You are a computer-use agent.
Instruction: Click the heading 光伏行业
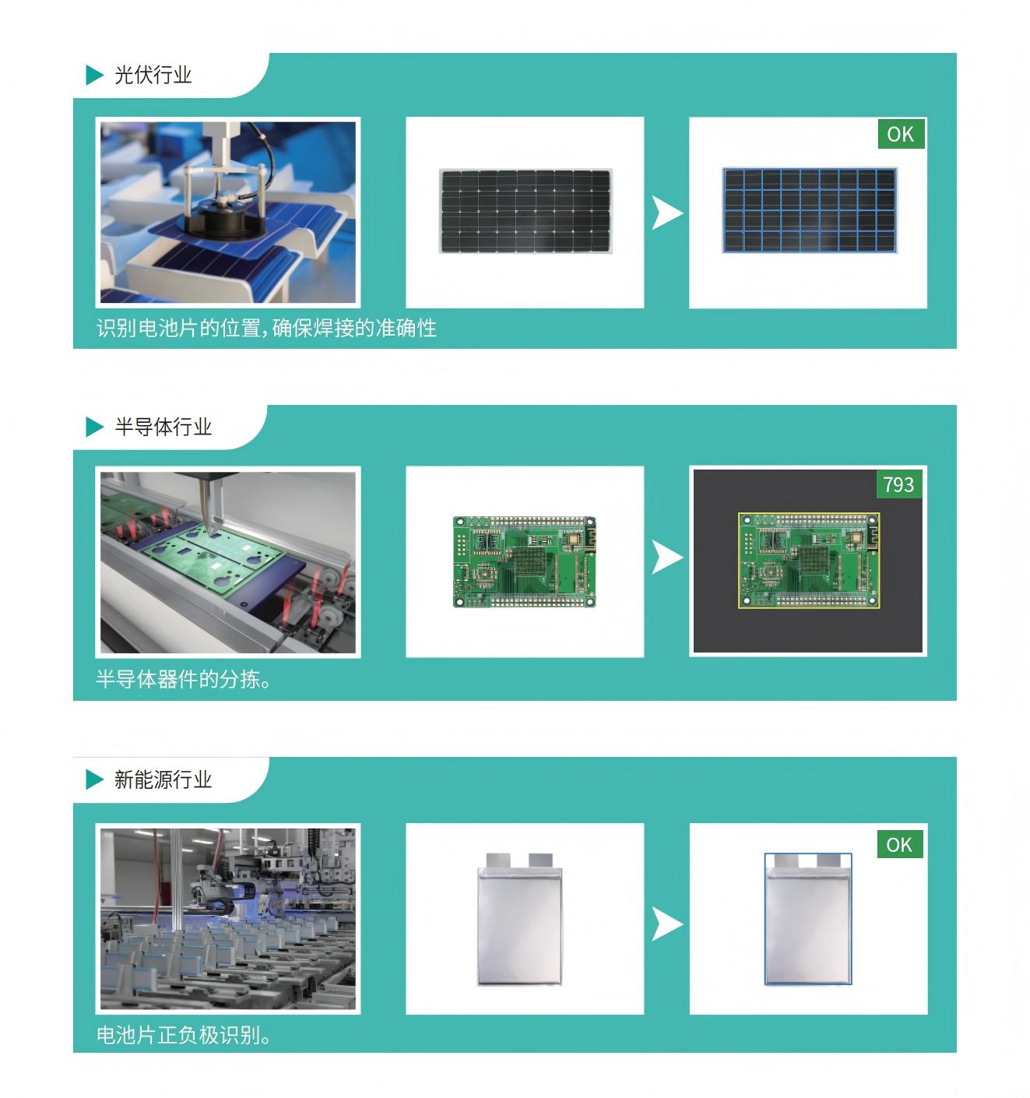pyautogui.click(x=153, y=75)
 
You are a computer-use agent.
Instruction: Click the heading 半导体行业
pyautogui.click(x=163, y=426)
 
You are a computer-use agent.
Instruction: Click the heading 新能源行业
pyautogui.click(x=163, y=779)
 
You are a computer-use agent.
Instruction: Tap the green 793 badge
pyautogui.click(x=898, y=484)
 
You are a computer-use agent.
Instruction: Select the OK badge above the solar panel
pyautogui.click(x=901, y=134)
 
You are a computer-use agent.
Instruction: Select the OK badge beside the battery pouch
pyautogui.click(x=899, y=844)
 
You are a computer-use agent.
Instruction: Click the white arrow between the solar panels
pyautogui.click(x=667, y=213)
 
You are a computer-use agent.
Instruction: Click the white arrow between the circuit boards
pyautogui.click(x=667, y=557)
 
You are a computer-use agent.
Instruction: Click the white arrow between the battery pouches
pyautogui.click(x=667, y=924)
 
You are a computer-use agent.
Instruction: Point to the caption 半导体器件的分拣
pyautogui.click(x=183, y=679)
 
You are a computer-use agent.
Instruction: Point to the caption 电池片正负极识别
pyautogui.click(x=183, y=1034)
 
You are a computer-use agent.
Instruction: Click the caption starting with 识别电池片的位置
pyautogui.click(x=266, y=328)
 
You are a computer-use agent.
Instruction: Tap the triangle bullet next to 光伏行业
pyautogui.click(x=94, y=75)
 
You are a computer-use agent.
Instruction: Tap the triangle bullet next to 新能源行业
pyautogui.click(x=94, y=779)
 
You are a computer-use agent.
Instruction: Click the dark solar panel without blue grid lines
pyautogui.click(x=526, y=210)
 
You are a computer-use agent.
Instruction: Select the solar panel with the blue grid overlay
pyautogui.click(x=810, y=210)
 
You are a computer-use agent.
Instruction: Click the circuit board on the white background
pyautogui.click(x=524, y=561)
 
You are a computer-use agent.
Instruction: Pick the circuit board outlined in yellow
pyautogui.click(x=809, y=561)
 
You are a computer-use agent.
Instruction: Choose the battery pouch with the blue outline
pyautogui.click(x=808, y=918)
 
